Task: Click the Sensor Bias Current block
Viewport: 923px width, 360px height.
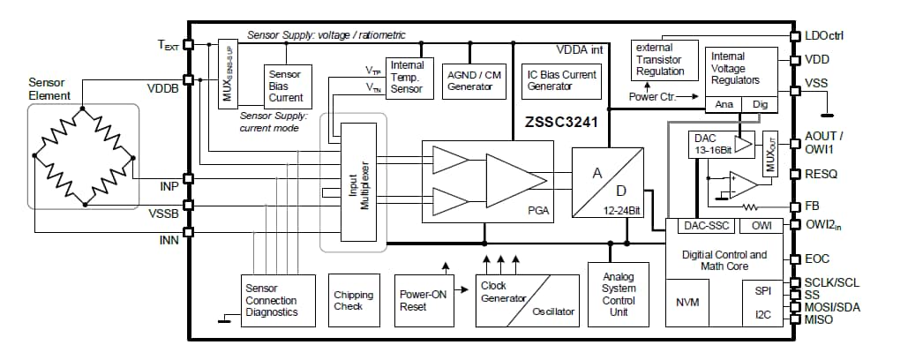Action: click(285, 86)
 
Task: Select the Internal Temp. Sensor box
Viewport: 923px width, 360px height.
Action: click(407, 77)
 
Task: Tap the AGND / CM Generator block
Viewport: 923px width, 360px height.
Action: click(474, 81)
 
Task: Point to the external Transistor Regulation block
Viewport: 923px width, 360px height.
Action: click(660, 60)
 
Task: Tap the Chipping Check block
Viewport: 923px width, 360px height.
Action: click(353, 300)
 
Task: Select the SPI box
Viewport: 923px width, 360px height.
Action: click(763, 290)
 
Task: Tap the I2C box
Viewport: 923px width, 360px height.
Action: click(763, 314)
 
